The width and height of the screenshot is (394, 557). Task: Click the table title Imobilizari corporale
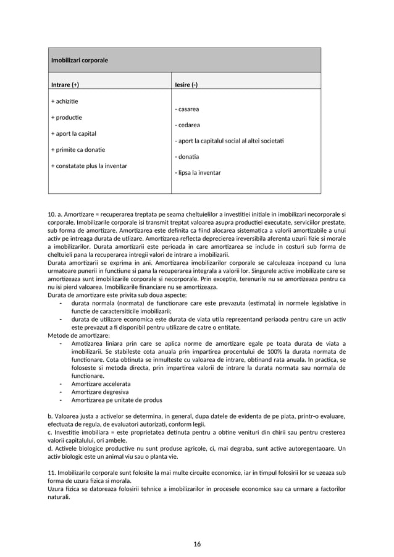(x=79, y=61)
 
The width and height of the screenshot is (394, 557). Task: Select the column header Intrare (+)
(x=65, y=85)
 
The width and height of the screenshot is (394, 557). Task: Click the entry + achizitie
(x=64, y=101)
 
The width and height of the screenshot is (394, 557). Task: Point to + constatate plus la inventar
(x=89, y=165)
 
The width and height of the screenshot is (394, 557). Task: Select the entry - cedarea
(x=188, y=125)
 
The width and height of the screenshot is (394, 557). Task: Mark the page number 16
(x=197, y=544)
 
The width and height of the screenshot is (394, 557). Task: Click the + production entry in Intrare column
(x=67, y=117)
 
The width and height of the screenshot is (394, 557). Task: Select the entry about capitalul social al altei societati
(x=229, y=141)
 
